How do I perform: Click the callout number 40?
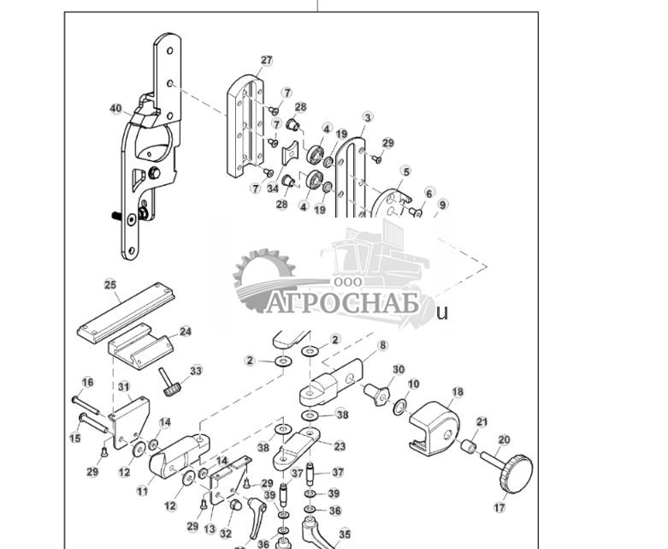116,109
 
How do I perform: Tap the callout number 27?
266,61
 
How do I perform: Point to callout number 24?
185,331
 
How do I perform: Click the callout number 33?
196,371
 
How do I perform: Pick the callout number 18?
458,392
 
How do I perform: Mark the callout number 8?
382,345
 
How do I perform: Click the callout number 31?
123,387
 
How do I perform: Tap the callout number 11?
142,492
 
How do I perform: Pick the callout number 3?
368,117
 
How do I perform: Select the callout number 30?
398,370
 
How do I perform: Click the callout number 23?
340,446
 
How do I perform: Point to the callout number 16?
87,382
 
